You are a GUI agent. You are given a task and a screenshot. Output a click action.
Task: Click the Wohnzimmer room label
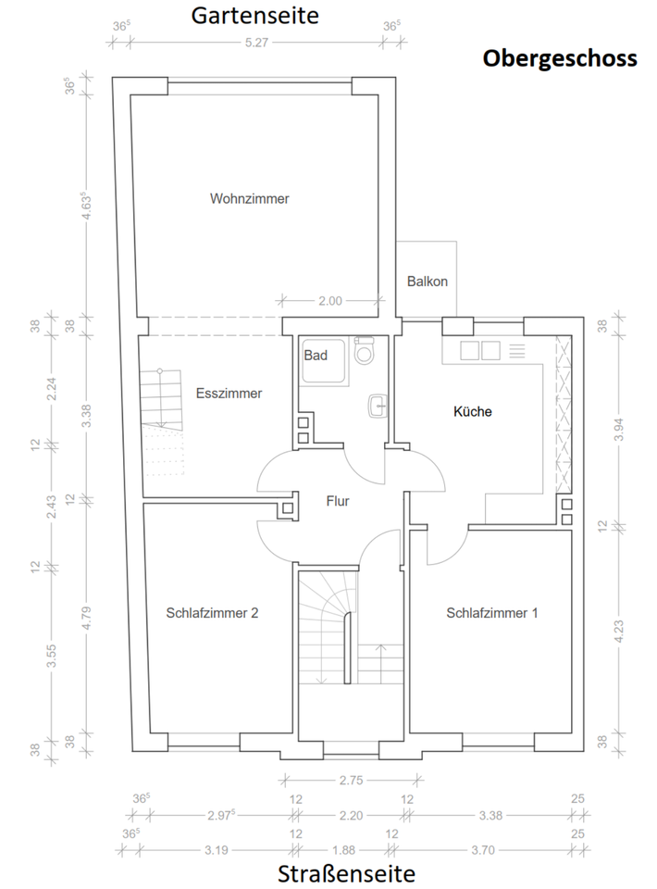click(x=249, y=198)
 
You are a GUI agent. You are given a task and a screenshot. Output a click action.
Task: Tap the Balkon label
click(x=428, y=282)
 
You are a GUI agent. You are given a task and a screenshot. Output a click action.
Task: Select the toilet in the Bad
click(x=365, y=350)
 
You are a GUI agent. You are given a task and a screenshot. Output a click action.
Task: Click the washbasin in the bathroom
click(x=378, y=406)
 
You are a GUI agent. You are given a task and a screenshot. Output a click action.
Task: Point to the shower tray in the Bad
click(x=323, y=361)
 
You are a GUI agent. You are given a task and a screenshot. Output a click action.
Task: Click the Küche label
click(x=472, y=411)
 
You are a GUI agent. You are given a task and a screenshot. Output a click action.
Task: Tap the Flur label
click(x=338, y=501)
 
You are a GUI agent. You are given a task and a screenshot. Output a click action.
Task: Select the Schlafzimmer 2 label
click(x=212, y=613)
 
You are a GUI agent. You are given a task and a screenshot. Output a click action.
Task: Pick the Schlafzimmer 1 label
click(x=491, y=613)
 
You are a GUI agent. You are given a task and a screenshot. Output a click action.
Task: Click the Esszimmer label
click(x=229, y=394)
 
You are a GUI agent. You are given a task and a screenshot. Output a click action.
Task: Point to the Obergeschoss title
click(x=560, y=58)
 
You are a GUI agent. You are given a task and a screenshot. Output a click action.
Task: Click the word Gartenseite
click(x=254, y=16)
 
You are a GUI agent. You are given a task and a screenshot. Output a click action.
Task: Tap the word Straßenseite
click(x=346, y=873)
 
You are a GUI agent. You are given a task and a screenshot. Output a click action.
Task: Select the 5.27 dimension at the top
click(x=256, y=43)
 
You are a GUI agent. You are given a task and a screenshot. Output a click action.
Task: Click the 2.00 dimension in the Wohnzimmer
click(x=330, y=301)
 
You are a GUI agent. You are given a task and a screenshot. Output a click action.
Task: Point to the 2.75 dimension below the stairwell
click(x=351, y=780)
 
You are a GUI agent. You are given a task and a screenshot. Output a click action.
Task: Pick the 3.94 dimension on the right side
click(x=619, y=429)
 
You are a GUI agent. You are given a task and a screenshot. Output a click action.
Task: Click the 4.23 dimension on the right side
click(x=619, y=631)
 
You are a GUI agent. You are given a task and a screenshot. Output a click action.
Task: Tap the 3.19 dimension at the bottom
click(x=217, y=850)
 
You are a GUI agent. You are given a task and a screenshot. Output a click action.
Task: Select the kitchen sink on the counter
click(x=480, y=350)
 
